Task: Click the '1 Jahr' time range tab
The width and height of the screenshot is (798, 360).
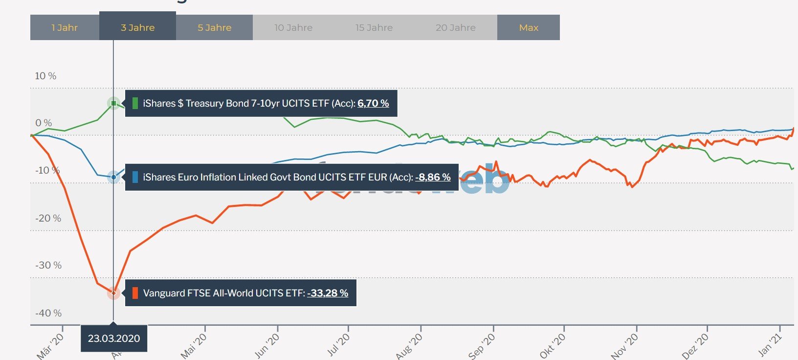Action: click(65, 28)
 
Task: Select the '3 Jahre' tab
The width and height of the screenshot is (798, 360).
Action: click(137, 28)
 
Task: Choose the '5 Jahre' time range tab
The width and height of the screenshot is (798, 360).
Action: click(214, 28)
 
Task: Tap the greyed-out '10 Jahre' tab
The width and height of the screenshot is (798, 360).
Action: click(293, 28)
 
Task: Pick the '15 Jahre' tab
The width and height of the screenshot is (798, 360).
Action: click(374, 28)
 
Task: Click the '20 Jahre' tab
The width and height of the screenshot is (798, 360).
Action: click(456, 28)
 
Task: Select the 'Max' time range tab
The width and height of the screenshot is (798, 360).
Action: click(529, 28)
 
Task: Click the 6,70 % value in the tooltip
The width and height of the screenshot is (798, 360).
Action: click(373, 103)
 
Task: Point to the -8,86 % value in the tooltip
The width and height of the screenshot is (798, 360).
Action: click(433, 177)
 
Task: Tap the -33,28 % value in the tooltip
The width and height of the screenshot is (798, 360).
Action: click(328, 293)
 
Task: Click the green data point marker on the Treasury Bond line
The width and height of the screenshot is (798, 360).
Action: click(113, 103)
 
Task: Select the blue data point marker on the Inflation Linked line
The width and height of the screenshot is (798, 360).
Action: click(113, 177)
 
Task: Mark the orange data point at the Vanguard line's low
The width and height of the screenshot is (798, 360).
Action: click(113, 293)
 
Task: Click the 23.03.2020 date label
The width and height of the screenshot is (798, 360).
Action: click(114, 338)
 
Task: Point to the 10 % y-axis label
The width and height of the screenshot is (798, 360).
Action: click(45, 76)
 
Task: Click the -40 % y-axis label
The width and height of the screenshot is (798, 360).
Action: click(48, 313)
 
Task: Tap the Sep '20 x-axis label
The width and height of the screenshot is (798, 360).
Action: click(482, 346)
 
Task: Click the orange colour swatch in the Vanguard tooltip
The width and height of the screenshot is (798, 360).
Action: click(135, 293)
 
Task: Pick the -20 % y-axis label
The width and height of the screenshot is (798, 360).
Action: click(48, 218)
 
